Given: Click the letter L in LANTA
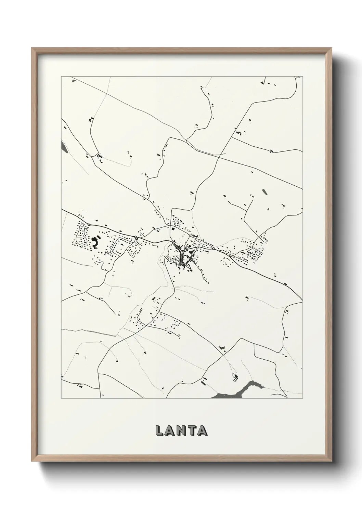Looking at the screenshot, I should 160,431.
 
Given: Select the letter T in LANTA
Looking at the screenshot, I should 193,431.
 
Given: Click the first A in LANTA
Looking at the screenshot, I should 170,431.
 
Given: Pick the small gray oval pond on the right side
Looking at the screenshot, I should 264,192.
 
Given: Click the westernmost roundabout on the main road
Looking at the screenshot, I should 89,225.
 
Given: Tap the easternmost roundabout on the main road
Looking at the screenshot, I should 214,249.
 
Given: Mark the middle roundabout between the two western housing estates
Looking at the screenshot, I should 136,237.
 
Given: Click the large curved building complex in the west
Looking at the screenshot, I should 95,242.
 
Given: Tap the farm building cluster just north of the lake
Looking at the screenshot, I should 235,377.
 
